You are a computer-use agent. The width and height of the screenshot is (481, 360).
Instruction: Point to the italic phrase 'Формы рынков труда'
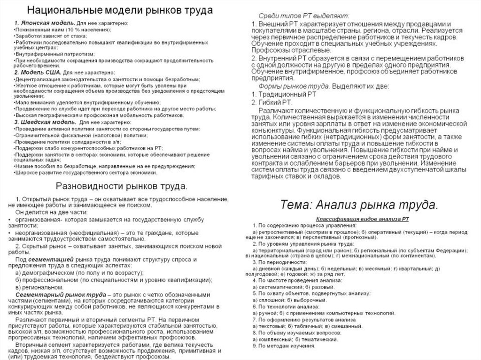coord(291,86)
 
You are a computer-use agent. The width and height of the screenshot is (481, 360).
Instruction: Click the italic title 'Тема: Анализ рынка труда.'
coord(359,205)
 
